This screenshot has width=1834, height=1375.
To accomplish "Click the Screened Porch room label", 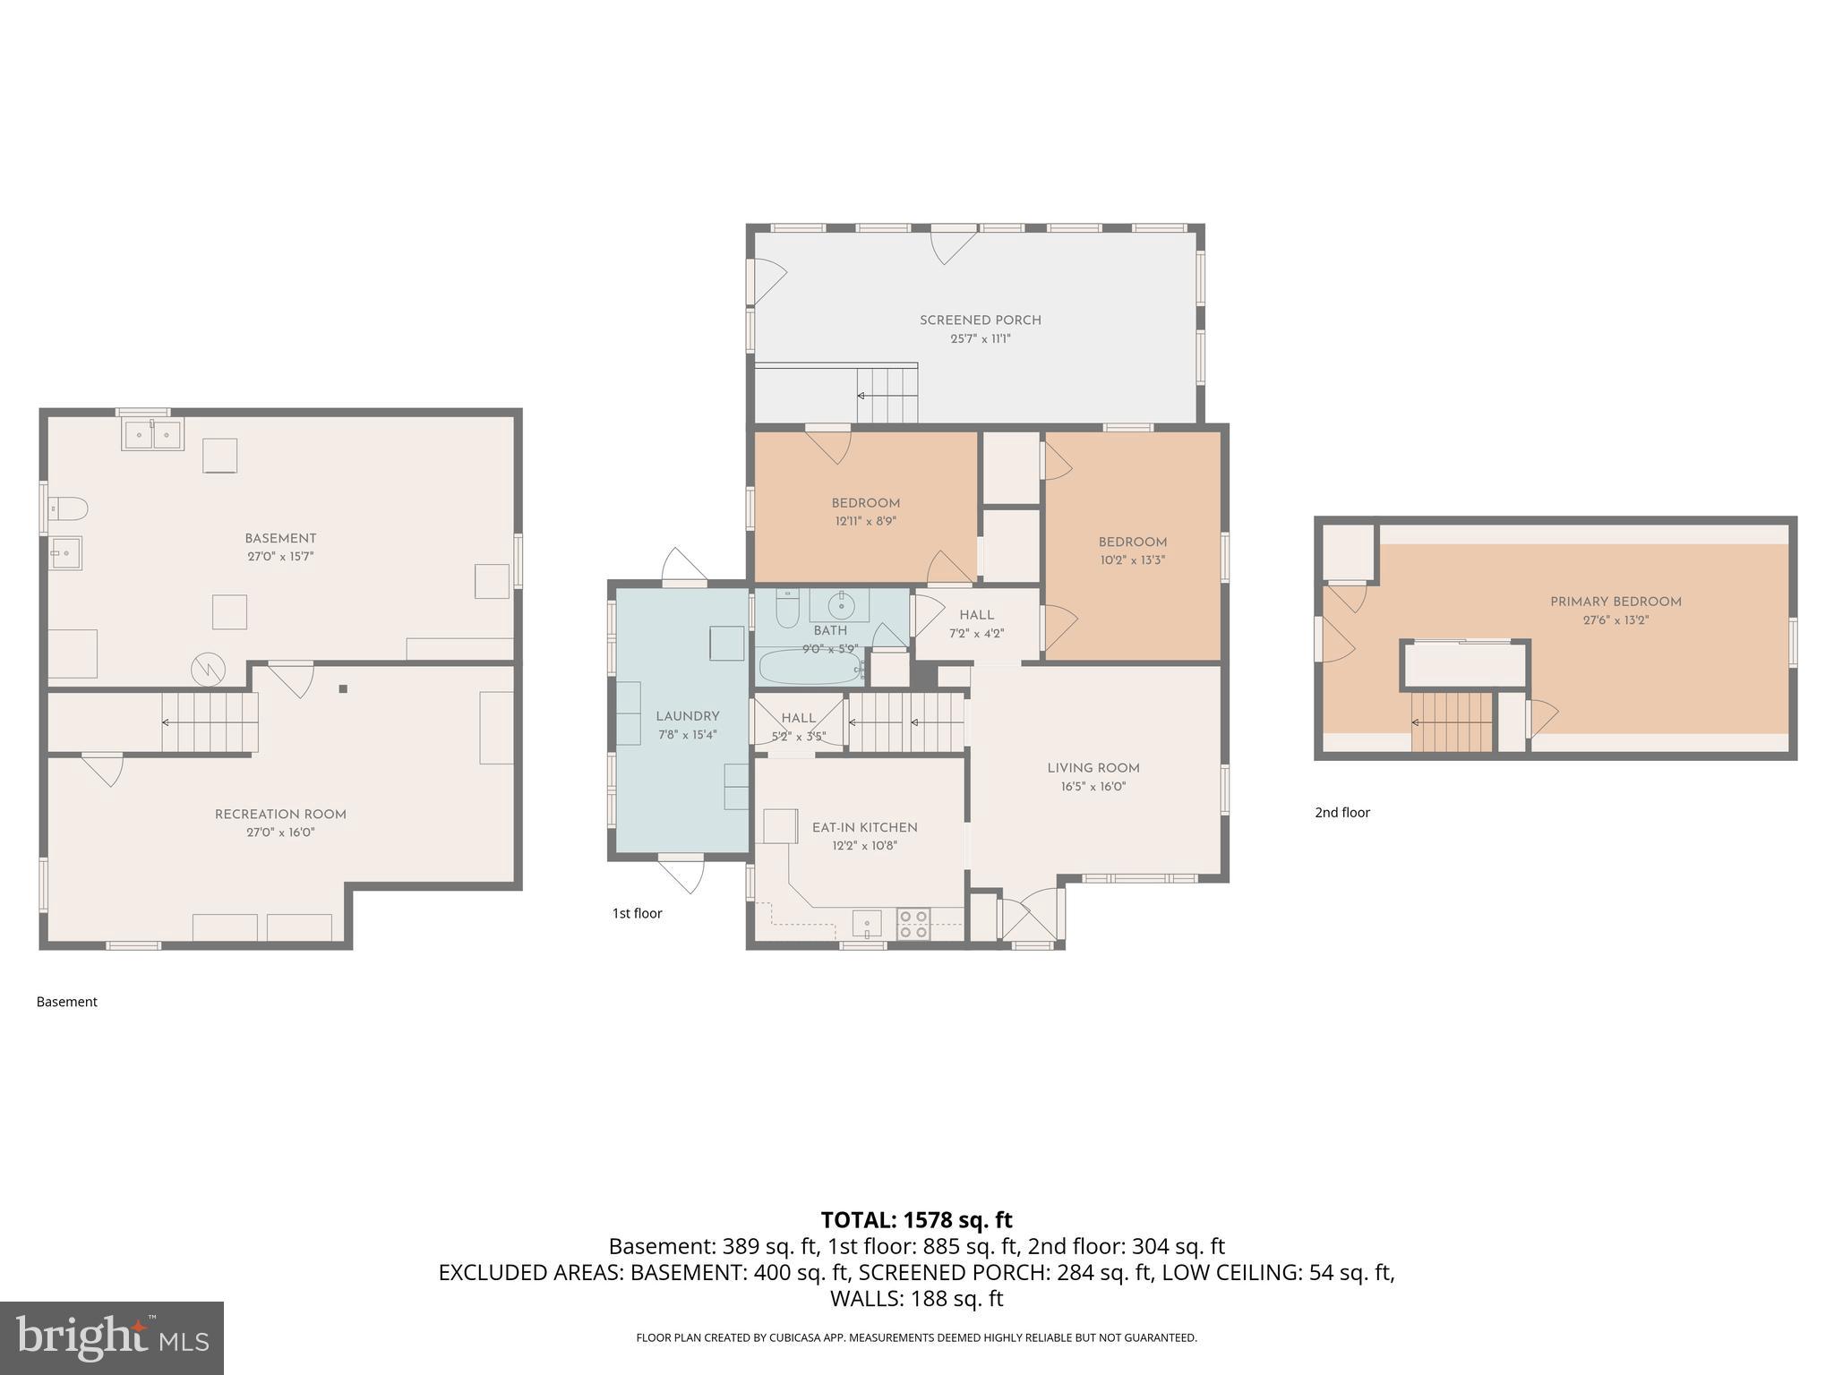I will (980, 320).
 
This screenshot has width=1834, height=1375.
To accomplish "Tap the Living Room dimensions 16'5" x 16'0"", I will (1093, 787).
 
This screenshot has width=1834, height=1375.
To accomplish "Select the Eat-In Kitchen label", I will (864, 827).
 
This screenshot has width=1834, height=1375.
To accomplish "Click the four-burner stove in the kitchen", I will (913, 924).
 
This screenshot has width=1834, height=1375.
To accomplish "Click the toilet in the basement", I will (68, 509).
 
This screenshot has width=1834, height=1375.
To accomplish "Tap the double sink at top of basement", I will (152, 435).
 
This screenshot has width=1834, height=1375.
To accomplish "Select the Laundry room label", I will (687, 716).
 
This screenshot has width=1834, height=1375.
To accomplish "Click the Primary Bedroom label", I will (1615, 602).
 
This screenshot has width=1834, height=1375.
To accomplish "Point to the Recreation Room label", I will (280, 814).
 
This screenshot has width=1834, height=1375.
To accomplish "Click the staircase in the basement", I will (210, 722).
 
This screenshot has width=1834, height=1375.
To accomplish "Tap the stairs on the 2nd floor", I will (1453, 722).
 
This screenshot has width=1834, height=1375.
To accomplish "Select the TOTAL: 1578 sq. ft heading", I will (916, 1220).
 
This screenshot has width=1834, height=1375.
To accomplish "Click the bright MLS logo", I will (111, 1337).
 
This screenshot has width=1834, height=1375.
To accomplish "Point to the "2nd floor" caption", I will (1341, 812).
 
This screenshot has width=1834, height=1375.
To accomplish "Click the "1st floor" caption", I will (637, 913).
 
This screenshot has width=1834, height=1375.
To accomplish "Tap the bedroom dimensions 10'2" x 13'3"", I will (1132, 560).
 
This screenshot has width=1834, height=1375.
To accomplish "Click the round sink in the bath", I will (841, 606).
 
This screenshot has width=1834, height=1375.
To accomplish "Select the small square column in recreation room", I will (342, 688).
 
